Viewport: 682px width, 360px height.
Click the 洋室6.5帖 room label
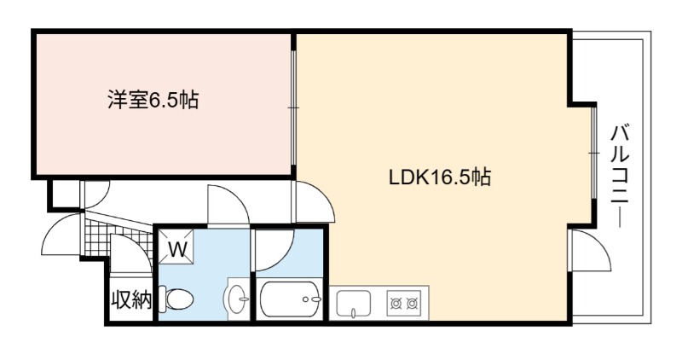(x=153, y=100)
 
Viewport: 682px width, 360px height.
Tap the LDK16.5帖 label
(x=440, y=177)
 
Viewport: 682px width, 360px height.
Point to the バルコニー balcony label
(x=621, y=176)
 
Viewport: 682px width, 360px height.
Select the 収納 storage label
(x=131, y=299)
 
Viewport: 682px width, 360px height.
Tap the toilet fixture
(x=176, y=299)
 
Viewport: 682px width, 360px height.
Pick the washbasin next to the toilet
(x=237, y=299)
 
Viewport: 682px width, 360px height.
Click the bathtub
(x=290, y=299)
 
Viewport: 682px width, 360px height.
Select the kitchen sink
(x=354, y=303)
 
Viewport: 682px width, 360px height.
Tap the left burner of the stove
(x=396, y=303)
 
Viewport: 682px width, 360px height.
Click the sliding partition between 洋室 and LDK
(x=293, y=107)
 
